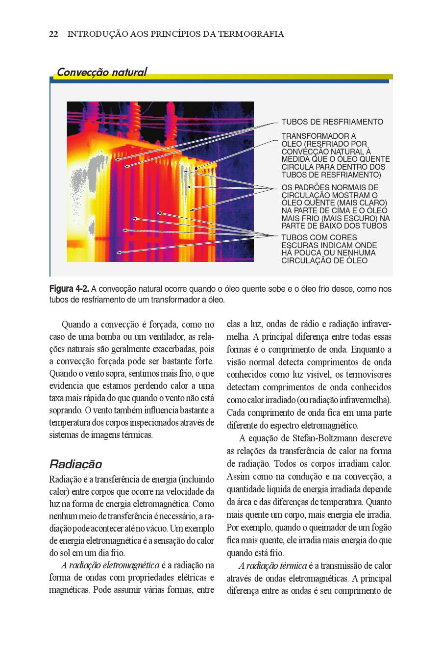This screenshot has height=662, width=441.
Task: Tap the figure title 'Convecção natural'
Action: pos(101,72)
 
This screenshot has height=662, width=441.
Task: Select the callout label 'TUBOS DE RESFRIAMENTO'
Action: pos(332,122)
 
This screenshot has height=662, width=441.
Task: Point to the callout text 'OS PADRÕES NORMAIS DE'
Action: pos(330,187)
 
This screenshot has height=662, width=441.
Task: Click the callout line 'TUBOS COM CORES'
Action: pos(319,238)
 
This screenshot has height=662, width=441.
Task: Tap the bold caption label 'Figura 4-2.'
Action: pos(69,289)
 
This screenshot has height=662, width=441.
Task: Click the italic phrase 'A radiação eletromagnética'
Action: pos(110,565)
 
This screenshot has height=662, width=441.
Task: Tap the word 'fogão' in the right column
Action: pos(380,528)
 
